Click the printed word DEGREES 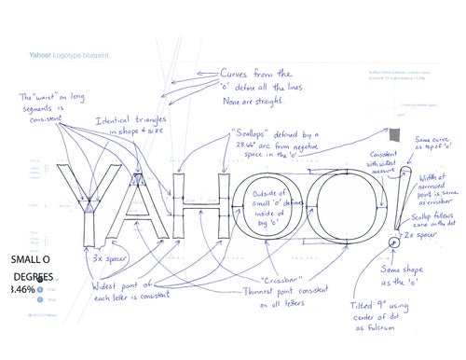33,277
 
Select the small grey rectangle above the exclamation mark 395,136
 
